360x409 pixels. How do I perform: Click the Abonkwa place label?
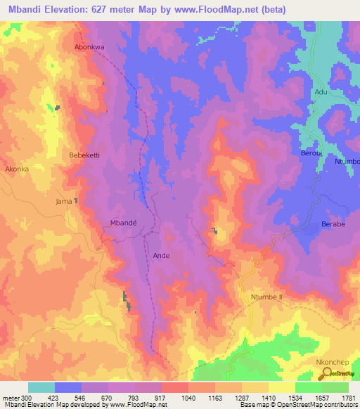(89, 48)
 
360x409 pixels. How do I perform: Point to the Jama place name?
(63, 202)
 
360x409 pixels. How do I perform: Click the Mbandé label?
(124, 222)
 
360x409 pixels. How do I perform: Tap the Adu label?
(321, 92)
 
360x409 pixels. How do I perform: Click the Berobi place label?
(311, 153)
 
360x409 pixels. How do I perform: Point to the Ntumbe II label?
(266, 297)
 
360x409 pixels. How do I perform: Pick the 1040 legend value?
(188, 397)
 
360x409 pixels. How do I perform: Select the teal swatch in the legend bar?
(41, 387)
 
